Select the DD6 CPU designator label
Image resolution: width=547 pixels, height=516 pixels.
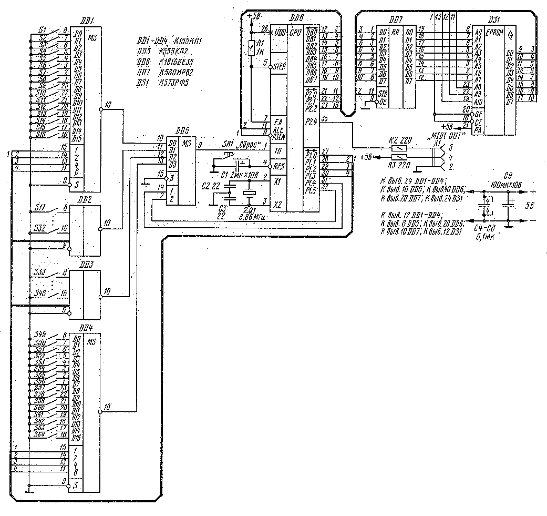click(x=297, y=18)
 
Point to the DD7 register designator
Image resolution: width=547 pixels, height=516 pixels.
click(x=395, y=19)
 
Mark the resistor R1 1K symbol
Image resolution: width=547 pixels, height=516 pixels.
click(x=252, y=48)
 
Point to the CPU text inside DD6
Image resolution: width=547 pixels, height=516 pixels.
click(x=294, y=32)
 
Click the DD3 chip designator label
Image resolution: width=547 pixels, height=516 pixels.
click(x=86, y=265)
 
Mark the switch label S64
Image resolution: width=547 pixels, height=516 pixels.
click(x=40, y=434)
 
